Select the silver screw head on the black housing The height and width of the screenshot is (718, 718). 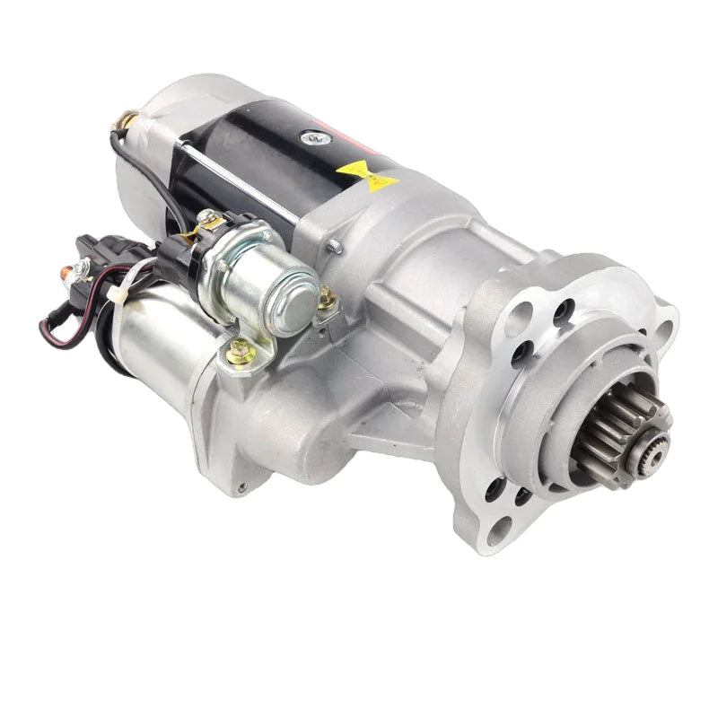coord(311,137)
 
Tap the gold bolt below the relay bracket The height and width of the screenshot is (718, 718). coord(240,352)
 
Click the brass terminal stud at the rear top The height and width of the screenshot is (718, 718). coord(126,118)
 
